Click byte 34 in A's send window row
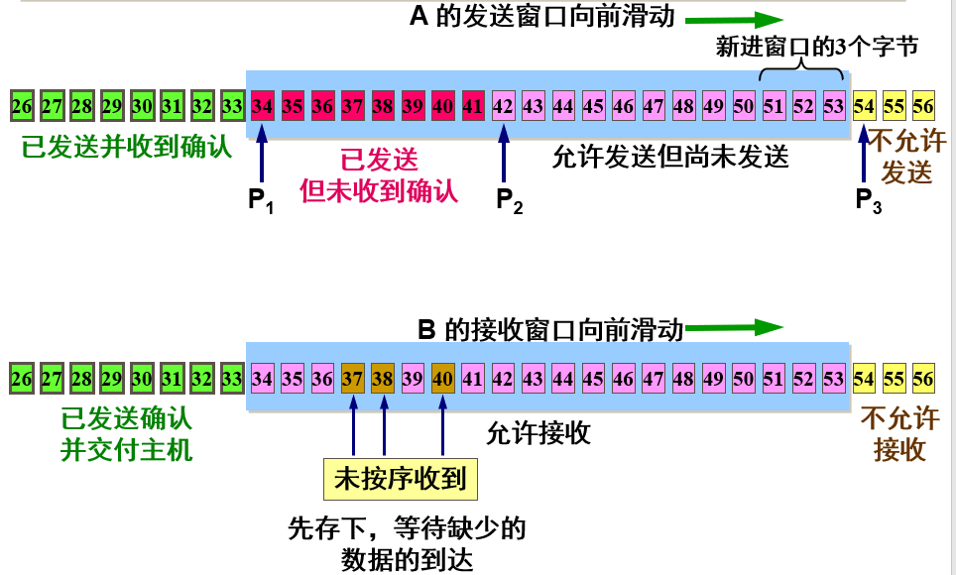pyautogui.click(x=262, y=104)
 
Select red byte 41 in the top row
pyautogui.click(x=473, y=104)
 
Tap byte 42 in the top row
pyautogui.click(x=504, y=104)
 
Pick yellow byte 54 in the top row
pyautogui.click(x=864, y=104)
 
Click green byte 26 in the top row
pyautogui.click(x=22, y=104)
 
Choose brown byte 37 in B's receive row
pyautogui.click(x=353, y=379)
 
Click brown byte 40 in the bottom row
pyautogui.click(x=443, y=379)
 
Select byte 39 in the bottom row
pyautogui.click(x=414, y=379)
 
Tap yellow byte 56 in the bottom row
pyautogui.click(x=923, y=379)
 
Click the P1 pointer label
pyautogui.click(x=261, y=201)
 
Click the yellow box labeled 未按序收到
pyautogui.click(x=401, y=479)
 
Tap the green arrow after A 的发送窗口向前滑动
pyautogui.click(x=733, y=18)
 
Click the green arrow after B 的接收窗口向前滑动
pyautogui.click(x=733, y=328)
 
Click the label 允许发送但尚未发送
pyautogui.click(x=670, y=156)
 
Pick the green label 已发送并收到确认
pyautogui.click(x=126, y=148)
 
